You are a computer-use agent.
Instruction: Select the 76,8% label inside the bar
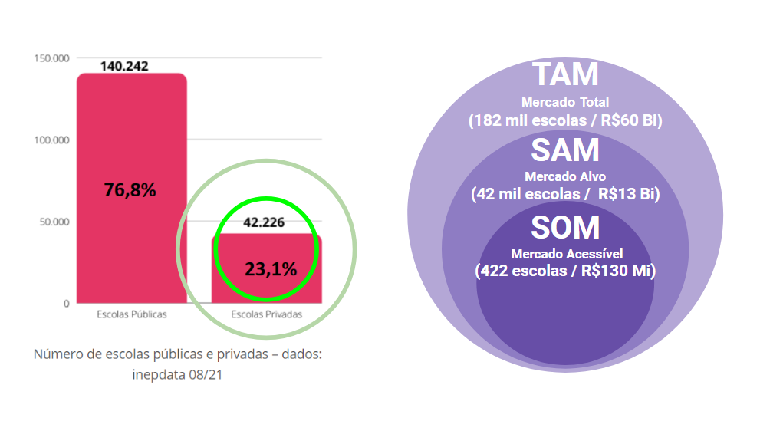[x=130, y=190]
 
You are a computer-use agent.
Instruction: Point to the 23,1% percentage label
[x=270, y=268]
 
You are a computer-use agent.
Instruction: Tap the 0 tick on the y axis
[x=67, y=304]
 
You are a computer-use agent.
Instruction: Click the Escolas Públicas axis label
[x=132, y=314]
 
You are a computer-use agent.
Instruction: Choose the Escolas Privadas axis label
[x=267, y=314]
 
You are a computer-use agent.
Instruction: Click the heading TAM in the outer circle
[x=565, y=75]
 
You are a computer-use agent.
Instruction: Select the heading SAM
[x=565, y=151]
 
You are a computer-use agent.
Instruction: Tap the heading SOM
[x=565, y=228]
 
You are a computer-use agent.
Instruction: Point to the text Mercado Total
[x=565, y=102]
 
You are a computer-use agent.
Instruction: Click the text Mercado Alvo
[x=565, y=177]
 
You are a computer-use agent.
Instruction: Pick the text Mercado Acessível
[x=567, y=254]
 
